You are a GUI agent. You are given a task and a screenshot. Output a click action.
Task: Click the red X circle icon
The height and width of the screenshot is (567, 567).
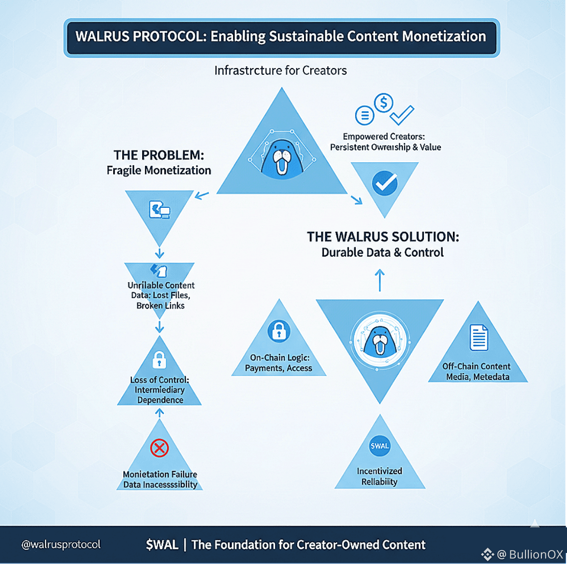tap(159, 448)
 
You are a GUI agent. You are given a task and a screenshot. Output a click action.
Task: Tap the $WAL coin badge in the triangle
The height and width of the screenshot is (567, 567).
tap(379, 446)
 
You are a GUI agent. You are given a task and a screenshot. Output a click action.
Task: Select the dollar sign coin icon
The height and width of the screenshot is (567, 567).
tap(384, 102)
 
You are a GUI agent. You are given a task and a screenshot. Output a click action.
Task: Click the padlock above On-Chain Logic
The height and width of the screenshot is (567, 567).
tap(278, 331)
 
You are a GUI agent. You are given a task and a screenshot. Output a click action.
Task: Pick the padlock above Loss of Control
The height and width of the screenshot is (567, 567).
tap(159, 360)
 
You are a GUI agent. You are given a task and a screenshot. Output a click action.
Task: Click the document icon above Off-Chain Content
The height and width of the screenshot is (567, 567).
tap(479, 337)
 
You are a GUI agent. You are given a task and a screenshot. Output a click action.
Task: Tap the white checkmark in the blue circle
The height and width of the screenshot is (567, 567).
tap(385, 183)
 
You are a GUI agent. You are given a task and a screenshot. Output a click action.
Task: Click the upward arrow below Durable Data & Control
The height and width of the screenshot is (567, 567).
tap(380, 280)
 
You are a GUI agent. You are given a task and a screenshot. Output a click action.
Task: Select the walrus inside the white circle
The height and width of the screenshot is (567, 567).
tap(380, 341)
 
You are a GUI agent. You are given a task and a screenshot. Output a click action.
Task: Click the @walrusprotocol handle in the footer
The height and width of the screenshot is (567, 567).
tap(61, 544)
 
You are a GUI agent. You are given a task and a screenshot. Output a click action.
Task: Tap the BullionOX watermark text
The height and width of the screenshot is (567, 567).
tap(536, 554)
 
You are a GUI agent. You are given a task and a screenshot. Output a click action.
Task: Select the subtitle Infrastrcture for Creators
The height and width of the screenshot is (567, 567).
tap(280, 71)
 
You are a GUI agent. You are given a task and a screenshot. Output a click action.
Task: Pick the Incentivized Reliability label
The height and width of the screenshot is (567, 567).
tap(379, 476)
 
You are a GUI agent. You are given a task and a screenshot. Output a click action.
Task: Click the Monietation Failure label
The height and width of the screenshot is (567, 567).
tap(160, 474)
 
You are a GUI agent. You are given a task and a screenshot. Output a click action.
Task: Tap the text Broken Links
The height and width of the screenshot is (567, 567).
tap(160, 305)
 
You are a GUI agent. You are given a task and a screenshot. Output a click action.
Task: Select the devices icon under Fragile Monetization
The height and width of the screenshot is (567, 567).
tap(160, 210)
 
